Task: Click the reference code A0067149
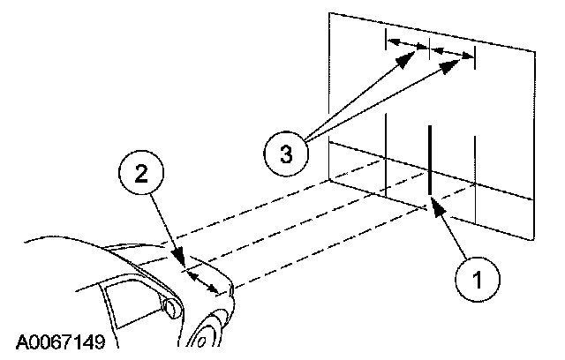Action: [59, 341]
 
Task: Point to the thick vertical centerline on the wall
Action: [429, 159]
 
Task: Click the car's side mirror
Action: [169, 308]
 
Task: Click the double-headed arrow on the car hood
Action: [206, 281]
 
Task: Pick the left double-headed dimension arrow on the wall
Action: [409, 44]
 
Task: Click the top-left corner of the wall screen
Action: [328, 13]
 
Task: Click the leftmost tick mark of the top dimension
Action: [388, 39]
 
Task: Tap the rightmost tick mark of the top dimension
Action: [475, 59]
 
